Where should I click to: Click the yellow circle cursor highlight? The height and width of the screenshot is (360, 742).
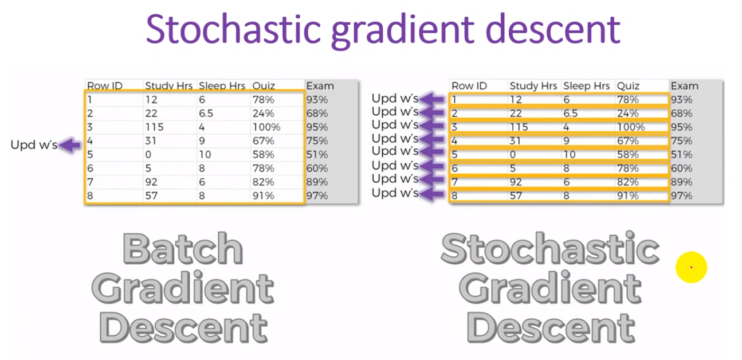click(691, 267)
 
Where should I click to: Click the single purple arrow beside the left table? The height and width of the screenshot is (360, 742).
click(70, 146)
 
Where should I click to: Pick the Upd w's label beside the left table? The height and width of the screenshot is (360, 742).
click(34, 146)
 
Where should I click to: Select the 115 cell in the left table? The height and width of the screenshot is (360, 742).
click(154, 127)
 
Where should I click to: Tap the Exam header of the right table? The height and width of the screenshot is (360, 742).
click(684, 86)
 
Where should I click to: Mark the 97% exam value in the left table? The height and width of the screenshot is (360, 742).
click(317, 196)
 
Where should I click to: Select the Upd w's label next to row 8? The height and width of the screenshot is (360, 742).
click(395, 194)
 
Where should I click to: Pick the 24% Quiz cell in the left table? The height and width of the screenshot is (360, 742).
click(263, 114)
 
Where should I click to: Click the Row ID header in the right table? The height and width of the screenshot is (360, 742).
click(469, 86)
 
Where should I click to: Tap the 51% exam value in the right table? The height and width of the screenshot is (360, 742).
click(681, 155)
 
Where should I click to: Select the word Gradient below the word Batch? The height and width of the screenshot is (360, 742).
click(183, 289)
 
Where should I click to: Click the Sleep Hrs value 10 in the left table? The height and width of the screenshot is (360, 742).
click(205, 155)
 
